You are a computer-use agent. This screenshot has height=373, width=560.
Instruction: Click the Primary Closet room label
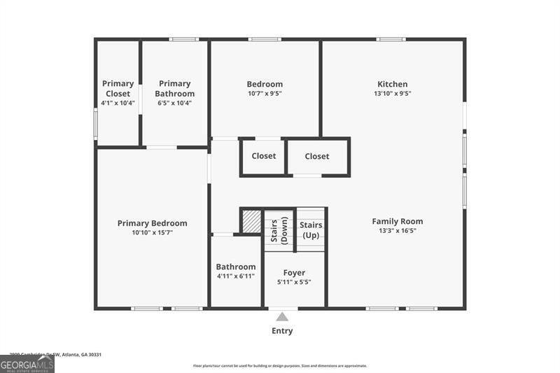click(x=118, y=88)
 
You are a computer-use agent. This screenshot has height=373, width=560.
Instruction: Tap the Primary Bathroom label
click(x=174, y=88)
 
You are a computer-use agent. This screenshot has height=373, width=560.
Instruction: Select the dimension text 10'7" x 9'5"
click(x=265, y=94)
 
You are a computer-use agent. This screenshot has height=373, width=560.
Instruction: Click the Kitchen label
click(x=392, y=84)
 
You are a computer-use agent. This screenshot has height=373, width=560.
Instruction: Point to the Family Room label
click(x=397, y=221)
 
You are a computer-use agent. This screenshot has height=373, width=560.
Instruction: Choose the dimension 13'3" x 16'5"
click(x=397, y=231)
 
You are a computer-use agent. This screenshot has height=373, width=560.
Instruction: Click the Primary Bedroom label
click(x=152, y=223)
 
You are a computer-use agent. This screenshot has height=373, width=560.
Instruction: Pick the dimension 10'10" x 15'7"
click(x=152, y=232)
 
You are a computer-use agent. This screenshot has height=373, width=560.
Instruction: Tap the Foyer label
click(x=294, y=272)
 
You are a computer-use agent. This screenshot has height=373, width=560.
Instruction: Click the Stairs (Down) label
click(x=279, y=230)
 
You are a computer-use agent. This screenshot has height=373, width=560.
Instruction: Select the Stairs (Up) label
click(x=311, y=230)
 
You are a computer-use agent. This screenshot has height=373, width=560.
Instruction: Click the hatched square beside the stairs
click(x=251, y=222)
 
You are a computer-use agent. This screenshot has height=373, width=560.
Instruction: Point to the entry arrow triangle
click(x=282, y=316)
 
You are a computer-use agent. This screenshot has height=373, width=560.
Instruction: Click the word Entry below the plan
click(x=282, y=331)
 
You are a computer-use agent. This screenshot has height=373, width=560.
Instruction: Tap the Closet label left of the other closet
click(x=264, y=156)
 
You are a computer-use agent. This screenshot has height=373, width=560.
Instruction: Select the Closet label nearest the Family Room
click(x=317, y=156)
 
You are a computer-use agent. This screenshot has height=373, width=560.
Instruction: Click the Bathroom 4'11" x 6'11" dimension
click(x=236, y=276)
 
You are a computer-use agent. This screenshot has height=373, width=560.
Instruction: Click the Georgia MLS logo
click(x=27, y=364)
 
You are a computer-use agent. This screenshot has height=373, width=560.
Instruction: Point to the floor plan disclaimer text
click(x=280, y=365)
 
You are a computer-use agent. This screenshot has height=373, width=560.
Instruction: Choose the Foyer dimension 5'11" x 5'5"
click(x=294, y=282)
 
